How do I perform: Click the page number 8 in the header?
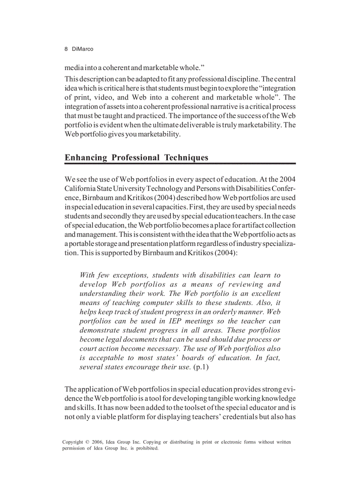[x=66, y=49]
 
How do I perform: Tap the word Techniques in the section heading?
[x=186, y=157]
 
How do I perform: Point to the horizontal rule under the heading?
[x=180, y=164]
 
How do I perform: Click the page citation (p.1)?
[x=201, y=367]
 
